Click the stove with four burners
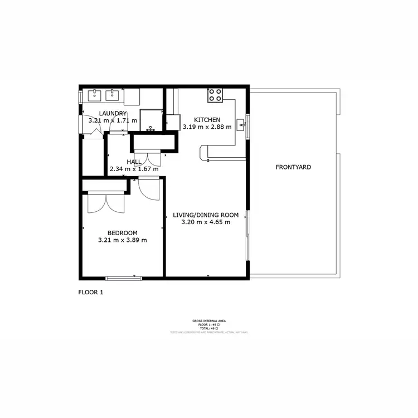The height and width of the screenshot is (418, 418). [216, 95]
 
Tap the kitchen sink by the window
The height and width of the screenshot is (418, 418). [241, 124]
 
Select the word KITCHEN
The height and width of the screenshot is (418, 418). [207, 120]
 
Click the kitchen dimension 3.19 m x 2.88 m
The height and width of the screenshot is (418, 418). [207, 127]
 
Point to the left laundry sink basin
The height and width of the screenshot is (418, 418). [94, 95]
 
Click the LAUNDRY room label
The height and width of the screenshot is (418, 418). [105, 114]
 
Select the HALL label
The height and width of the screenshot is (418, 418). [134, 162]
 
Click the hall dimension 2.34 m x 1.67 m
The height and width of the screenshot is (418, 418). [134, 169]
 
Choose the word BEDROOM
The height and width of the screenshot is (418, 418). [122, 233]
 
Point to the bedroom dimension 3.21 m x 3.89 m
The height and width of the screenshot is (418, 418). [122, 240]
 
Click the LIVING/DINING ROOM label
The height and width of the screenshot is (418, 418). [206, 215]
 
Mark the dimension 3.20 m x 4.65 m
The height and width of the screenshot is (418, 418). [206, 222]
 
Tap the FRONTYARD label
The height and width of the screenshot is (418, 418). [293, 167]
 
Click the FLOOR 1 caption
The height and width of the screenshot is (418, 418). [91, 292]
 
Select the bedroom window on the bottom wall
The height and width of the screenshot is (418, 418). [123, 278]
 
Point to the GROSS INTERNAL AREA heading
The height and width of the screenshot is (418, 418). [208, 321]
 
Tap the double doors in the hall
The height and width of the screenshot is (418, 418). [147, 158]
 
